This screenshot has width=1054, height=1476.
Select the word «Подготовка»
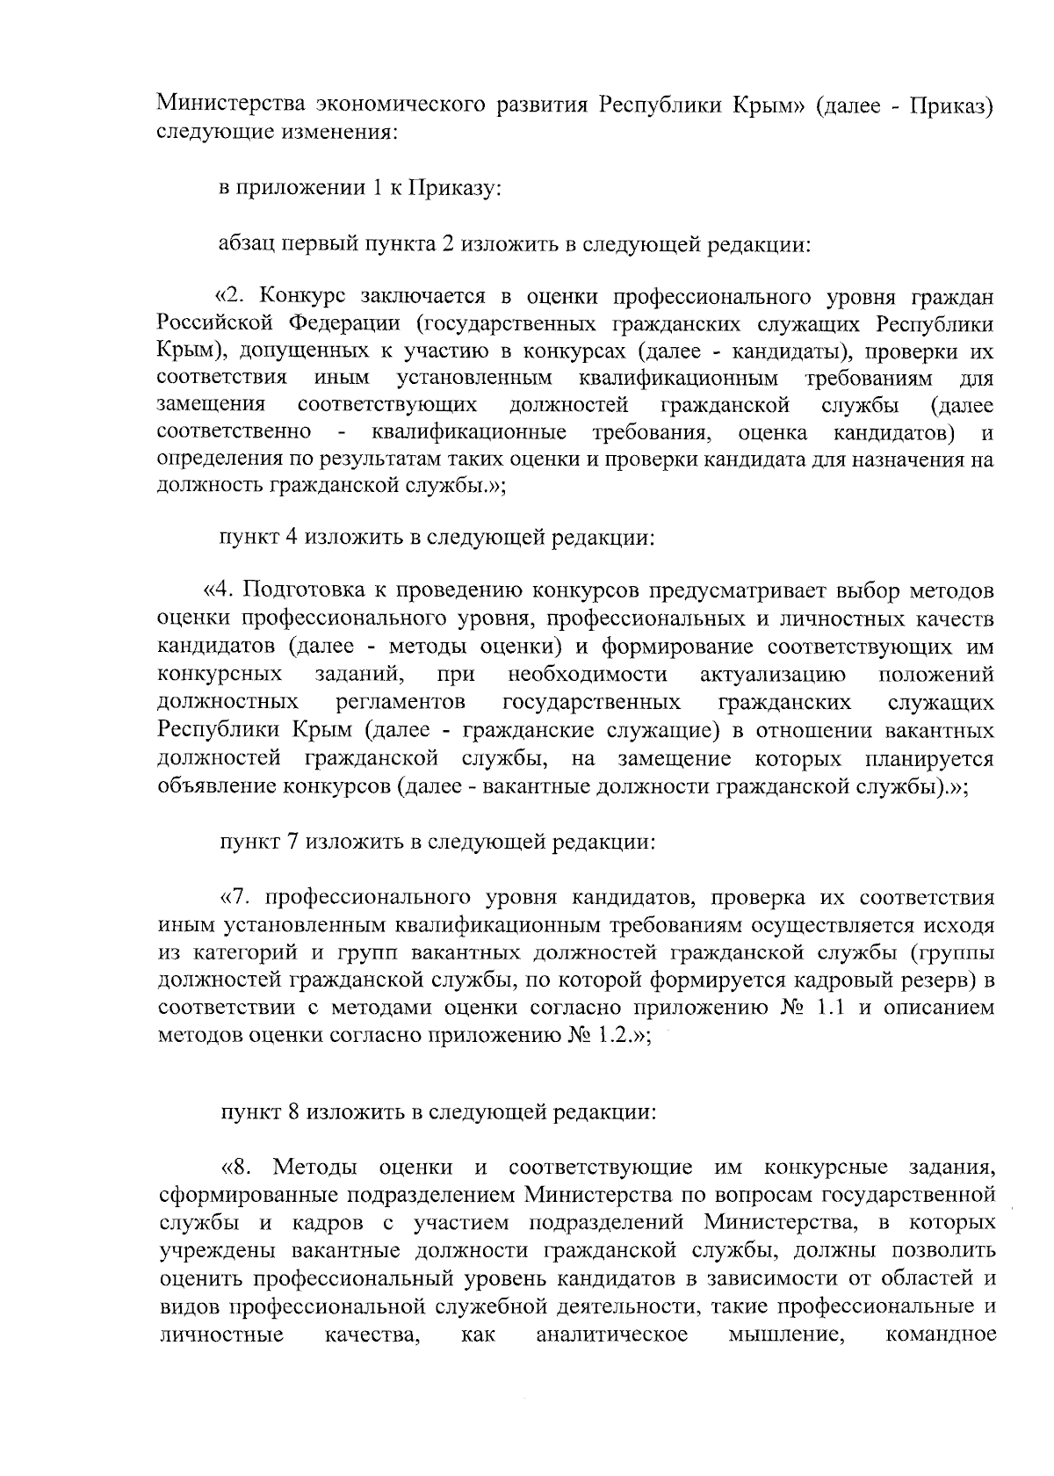tap(299, 591)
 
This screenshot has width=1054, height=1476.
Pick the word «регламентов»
tap(400, 702)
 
